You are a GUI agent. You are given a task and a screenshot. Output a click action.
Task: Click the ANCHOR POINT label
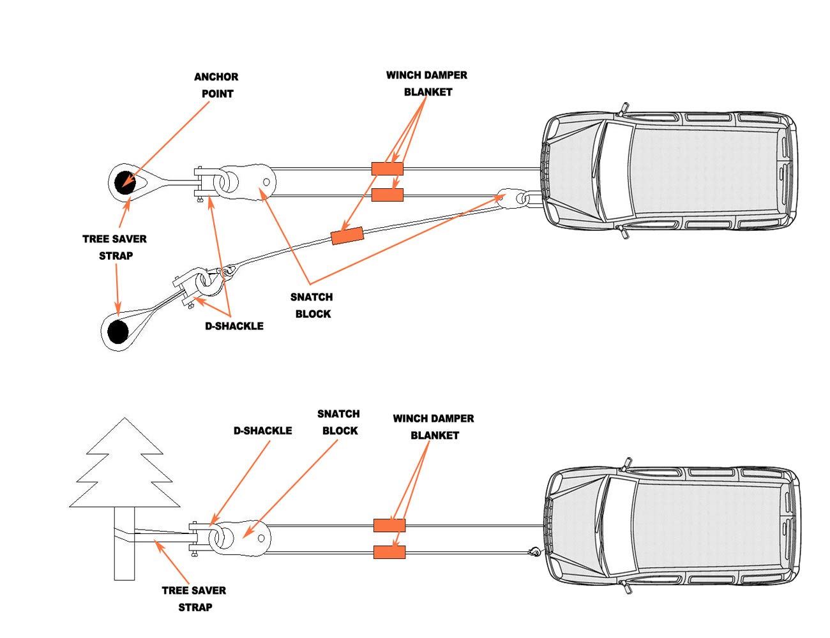(x=216, y=85)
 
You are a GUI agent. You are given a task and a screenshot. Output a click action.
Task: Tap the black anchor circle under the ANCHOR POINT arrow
(x=125, y=183)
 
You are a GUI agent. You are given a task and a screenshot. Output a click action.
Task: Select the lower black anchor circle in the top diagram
(x=117, y=332)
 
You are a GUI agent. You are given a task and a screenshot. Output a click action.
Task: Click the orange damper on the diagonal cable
(x=347, y=235)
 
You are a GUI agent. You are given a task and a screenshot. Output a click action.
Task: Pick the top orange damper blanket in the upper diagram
(x=388, y=168)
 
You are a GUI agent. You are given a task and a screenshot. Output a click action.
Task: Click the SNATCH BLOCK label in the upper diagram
(x=312, y=305)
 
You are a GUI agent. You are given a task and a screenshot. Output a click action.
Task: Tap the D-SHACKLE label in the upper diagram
(x=234, y=326)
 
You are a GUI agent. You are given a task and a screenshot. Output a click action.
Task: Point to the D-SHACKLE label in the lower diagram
(x=263, y=431)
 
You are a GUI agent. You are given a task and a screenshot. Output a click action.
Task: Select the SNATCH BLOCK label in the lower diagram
(x=339, y=422)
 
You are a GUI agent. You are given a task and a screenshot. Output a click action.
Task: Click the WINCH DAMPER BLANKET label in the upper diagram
(x=426, y=84)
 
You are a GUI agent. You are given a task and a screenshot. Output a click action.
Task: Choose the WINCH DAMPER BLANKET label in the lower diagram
(x=434, y=427)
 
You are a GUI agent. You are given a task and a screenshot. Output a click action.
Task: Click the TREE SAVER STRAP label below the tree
(x=194, y=598)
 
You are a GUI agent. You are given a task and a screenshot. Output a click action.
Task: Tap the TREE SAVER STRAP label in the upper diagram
(x=114, y=248)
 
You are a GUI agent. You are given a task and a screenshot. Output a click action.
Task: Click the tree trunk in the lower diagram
(x=124, y=544)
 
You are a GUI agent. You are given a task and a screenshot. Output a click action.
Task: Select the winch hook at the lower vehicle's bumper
(x=534, y=552)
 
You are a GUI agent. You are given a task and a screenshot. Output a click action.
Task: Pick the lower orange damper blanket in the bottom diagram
(x=389, y=552)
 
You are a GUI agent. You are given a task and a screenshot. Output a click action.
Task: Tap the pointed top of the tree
(x=124, y=418)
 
